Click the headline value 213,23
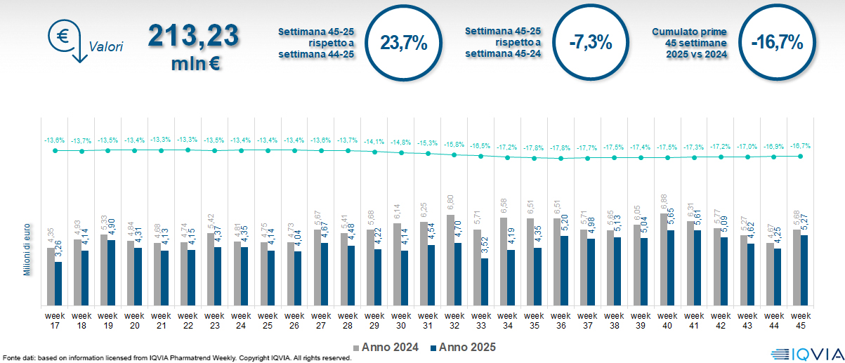click(x=193, y=36)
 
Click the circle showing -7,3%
click(x=590, y=42)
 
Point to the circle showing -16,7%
click(x=776, y=42)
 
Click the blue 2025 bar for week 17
click(x=58, y=284)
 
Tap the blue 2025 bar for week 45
click(x=804, y=270)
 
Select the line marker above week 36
click(x=561, y=159)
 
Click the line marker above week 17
click(x=55, y=150)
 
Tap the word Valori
click(x=106, y=48)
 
